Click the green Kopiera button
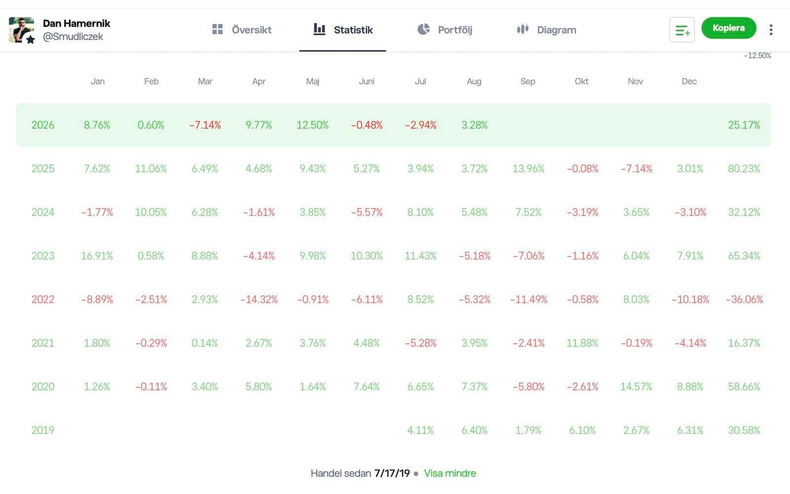coord(729,28)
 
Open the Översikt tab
coord(242,30)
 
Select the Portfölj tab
coord(445,30)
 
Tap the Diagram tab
coord(546,30)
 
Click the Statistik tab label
coord(353,30)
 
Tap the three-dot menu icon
coord(771,30)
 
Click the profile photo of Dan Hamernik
coord(22,30)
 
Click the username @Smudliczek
coord(73,37)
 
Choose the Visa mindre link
coord(450,473)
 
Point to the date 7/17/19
coord(392,473)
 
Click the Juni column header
coord(366,82)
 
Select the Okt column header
coord(582,82)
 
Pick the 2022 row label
coord(42,299)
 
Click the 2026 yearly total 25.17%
coord(744,125)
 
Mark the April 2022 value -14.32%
coord(259,299)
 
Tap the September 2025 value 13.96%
coord(528,168)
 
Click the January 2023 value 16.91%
coord(97,256)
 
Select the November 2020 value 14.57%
coord(636,387)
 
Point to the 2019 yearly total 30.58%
coord(744,430)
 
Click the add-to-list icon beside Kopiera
coord(682,30)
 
